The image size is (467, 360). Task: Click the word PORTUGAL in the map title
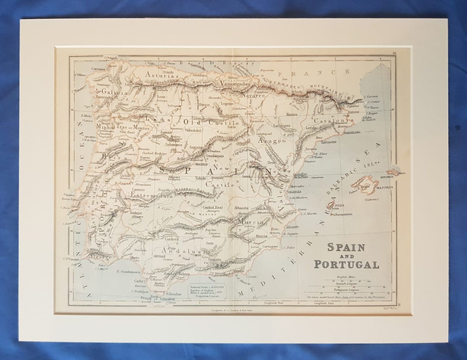[x=347, y=264]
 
